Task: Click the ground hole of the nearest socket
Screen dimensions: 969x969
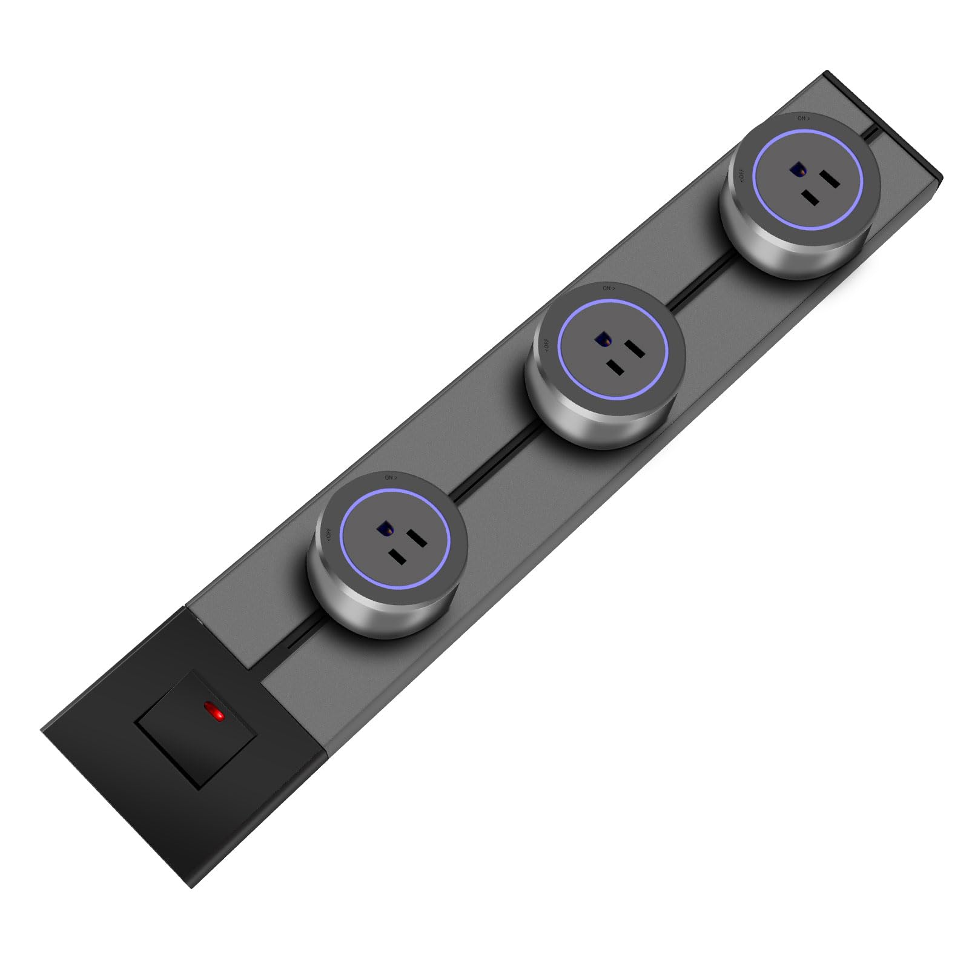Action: pos(384,531)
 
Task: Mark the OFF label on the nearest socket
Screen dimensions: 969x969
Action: pos(328,534)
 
